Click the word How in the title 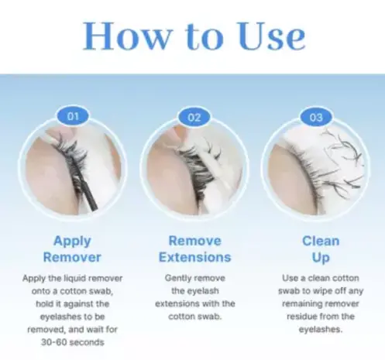click(125, 36)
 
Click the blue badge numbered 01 click(73, 116)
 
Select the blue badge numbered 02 click(194, 118)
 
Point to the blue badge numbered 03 click(316, 118)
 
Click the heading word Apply click(72, 242)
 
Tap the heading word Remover click(72, 257)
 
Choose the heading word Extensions click(195, 257)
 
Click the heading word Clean click(321, 241)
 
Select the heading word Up click(321, 258)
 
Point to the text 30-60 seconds click(73, 342)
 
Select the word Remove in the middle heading click(195, 241)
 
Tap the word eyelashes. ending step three click(321, 329)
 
